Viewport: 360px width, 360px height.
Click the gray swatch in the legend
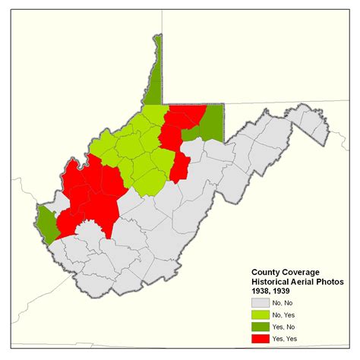[263, 302]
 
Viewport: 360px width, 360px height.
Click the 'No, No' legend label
[288, 302]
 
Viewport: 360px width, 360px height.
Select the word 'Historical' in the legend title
[271, 281]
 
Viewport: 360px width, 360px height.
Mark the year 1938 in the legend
[262, 290]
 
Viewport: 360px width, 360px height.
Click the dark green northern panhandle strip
[155, 76]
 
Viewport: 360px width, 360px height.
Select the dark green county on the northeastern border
[212, 122]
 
